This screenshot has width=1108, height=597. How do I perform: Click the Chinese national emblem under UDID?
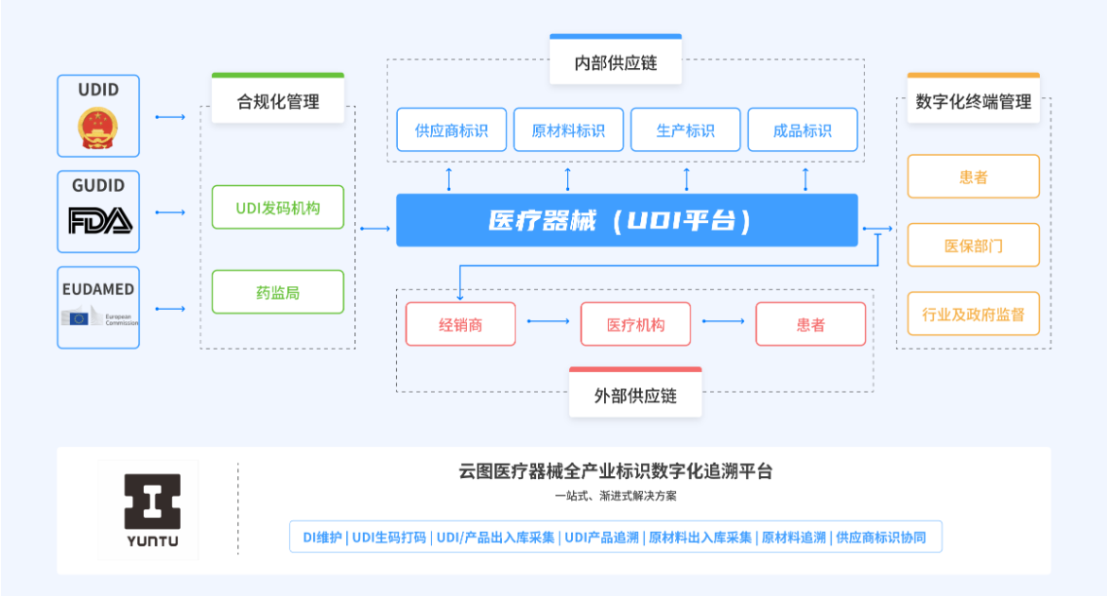coord(97,128)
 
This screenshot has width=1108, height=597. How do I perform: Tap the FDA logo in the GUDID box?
coord(99,221)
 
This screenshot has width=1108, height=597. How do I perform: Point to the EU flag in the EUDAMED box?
coord(78,317)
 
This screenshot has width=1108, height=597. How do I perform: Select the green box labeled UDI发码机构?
coord(278,208)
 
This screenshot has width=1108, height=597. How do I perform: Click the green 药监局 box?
coord(278,292)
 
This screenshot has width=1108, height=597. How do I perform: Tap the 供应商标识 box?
coord(452,129)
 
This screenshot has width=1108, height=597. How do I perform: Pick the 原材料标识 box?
coord(568,129)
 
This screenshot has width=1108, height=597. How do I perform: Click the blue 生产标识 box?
coord(685,129)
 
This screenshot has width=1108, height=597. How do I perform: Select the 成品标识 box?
coord(802,129)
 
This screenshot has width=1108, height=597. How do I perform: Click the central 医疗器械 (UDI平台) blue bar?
coord(627,220)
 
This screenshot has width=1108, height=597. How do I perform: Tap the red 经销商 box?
coord(460,325)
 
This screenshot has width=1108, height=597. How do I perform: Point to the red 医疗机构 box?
coord(635,325)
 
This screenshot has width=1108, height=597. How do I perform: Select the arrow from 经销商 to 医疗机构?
coord(548,322)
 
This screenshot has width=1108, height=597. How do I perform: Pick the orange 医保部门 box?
coord(973,246)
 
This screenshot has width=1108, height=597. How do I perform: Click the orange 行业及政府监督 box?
coord(973,314)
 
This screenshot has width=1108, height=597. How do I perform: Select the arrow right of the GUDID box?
coord(169,213)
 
